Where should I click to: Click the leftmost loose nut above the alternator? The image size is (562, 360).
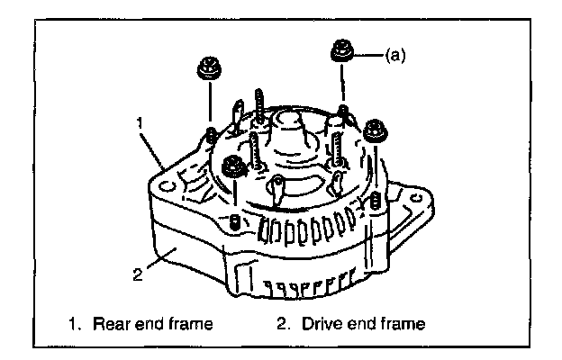point(207,67)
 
